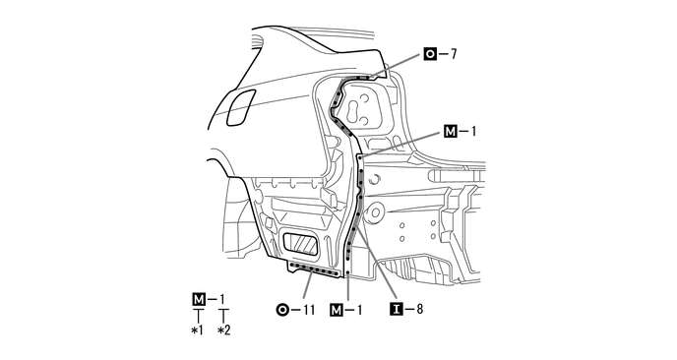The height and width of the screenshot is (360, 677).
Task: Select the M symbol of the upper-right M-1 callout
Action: (x=451, y=129)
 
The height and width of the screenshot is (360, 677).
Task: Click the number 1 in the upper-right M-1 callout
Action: (x=474, y=129)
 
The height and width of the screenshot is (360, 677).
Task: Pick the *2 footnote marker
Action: (x=223, y=330)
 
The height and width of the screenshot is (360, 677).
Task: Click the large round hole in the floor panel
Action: (x=374, y=212)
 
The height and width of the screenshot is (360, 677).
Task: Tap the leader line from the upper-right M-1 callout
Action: (x=403, y=142)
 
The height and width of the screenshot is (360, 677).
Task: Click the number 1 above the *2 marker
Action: (x=223, y=299)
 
